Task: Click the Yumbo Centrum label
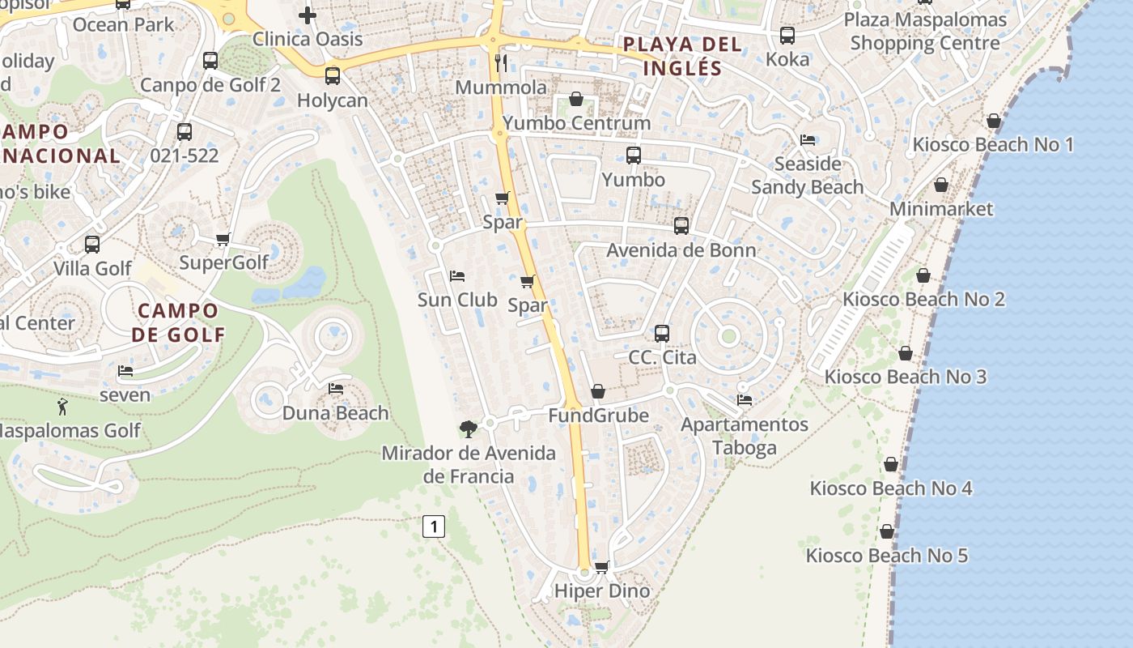point(576,123)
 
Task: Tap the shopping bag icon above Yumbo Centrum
point(576,100)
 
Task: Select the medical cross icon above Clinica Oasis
point(307,15)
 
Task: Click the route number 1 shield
point(434,527)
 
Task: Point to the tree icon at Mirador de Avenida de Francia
point(468,428)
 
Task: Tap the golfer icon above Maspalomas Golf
point(62,407)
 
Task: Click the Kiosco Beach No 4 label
point(891,488)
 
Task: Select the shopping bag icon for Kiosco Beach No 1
point(994,122)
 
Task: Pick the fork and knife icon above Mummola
point(502,63)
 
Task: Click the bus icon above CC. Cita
point(662,333)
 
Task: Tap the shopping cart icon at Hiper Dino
point(601,567)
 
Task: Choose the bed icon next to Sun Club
point(457,276)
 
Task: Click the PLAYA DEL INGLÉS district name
point(681,56)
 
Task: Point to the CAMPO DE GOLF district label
point(178,322)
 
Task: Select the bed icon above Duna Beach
point(336,389)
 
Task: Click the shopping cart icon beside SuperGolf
point(223,239)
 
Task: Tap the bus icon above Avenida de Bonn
point(681,226)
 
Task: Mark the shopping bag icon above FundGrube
point(598,392)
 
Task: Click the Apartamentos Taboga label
point(745,436)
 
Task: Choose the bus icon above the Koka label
point(787,36)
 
